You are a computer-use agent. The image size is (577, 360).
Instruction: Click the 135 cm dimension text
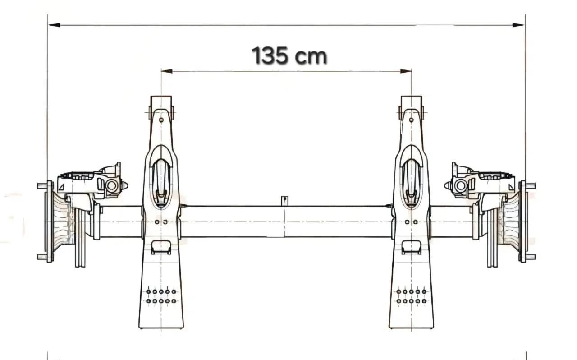(289, 55)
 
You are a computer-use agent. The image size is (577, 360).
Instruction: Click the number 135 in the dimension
(270, 55)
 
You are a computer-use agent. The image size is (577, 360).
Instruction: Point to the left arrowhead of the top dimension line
(55, 25)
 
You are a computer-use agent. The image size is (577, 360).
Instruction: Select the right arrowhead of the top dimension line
(518, 25)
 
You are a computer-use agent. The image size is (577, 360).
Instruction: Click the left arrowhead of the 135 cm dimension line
(167, 71)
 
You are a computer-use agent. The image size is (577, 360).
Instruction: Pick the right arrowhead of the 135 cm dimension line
(406, 71)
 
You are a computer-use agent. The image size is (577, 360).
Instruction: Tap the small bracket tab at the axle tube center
(284, 201)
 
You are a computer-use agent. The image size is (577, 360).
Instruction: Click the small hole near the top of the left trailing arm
(161, 120)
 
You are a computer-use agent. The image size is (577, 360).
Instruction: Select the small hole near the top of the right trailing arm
(412, 120)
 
